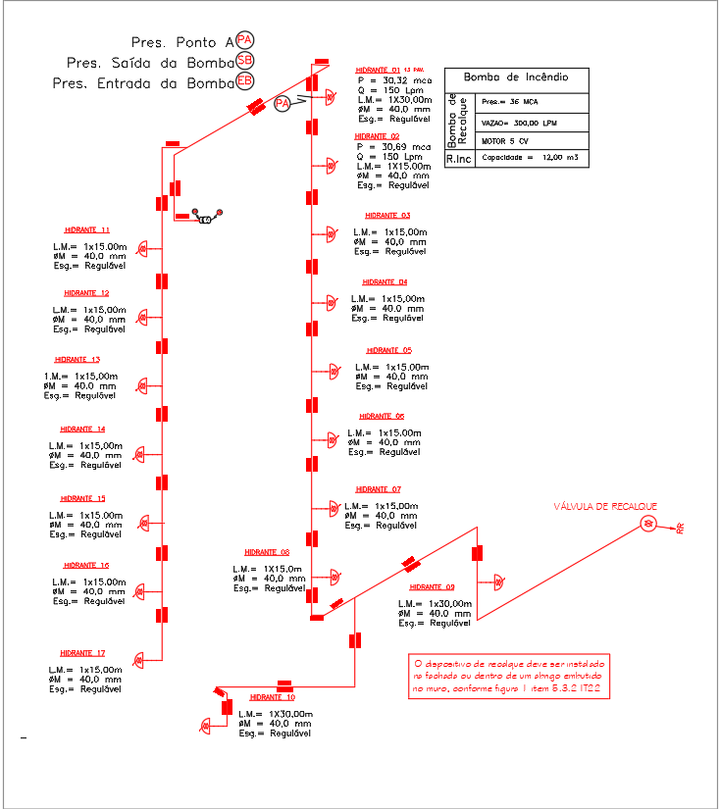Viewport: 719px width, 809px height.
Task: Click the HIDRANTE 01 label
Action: tap(379, 71)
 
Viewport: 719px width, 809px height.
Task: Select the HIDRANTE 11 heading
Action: tap(86, 229)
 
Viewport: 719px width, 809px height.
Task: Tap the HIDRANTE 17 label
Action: tap(82, 653)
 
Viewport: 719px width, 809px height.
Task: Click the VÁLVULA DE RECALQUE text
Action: tap(605, 507)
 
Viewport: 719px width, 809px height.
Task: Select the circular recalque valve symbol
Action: tap(648, 525)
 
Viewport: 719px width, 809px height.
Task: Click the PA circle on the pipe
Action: tap(282, 103)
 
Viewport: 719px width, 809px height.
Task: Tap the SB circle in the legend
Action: tap(244, 61)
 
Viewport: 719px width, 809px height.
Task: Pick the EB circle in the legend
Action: tap(244, 81)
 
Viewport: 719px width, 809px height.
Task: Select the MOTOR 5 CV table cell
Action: tap(506, 140)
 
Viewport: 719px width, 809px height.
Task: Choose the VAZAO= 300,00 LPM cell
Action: tap(519, 123)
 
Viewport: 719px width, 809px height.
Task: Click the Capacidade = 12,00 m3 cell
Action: tap(530, 157)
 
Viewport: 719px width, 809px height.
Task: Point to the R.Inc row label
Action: tap(458, 158)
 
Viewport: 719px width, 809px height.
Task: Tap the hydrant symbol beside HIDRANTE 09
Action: tap(498, 581)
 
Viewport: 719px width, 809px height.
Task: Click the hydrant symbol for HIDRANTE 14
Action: tap(140, 454)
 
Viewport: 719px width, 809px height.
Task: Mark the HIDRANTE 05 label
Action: tap(389, 350)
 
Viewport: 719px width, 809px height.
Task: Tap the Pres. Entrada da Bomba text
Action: tap(141, 83)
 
